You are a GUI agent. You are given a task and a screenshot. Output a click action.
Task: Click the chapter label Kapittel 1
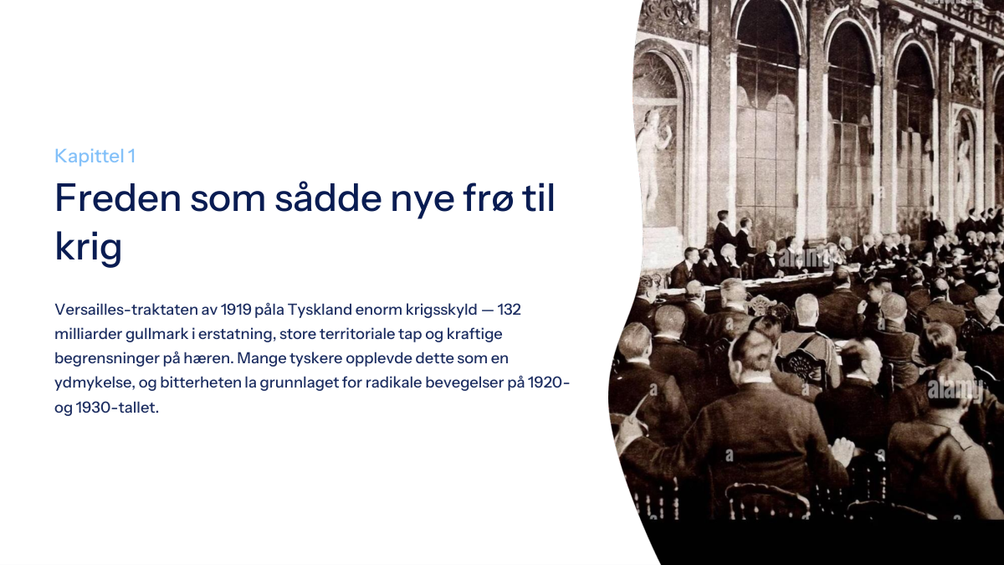point(95,156)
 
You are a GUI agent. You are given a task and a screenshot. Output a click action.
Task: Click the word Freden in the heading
point(118,198)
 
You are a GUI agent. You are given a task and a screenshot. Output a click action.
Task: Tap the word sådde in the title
point(328,197)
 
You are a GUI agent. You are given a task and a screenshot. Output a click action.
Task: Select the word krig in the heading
point(89,246)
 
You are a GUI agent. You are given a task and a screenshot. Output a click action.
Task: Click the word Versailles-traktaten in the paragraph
point(125,310)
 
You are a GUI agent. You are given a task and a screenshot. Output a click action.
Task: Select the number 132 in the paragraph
point(509,310)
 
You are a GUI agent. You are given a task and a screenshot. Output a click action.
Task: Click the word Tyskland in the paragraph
point(319,310)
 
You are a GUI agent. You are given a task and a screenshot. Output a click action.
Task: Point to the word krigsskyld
point(441,310)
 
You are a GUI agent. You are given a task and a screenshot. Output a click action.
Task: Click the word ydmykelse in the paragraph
point(95,383)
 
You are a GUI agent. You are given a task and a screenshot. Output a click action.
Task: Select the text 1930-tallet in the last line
point(117,408)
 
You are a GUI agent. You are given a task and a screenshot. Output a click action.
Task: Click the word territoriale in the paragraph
point(356,334)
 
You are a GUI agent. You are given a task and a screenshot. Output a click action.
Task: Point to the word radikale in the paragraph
point(393,383)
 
